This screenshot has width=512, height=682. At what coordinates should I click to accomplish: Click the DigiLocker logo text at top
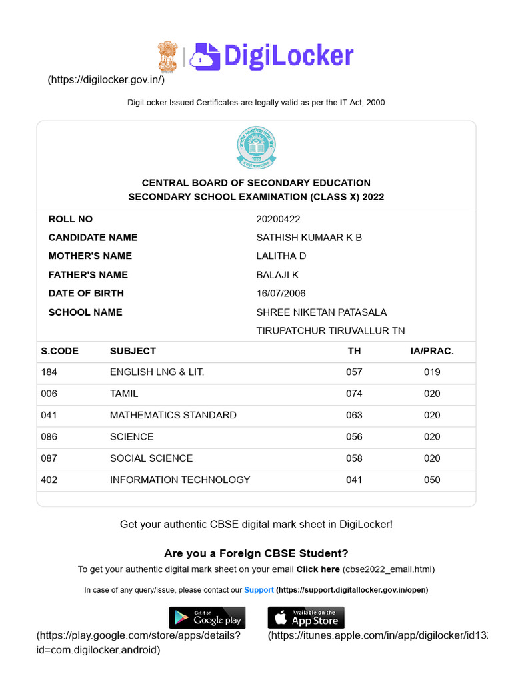[x=288, y=57]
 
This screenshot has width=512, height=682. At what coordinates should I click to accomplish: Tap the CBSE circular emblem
[x=256, y=148]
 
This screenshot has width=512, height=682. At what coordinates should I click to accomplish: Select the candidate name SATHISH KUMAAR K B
[x=309, y=238]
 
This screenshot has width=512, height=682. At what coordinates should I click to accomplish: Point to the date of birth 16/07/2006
[x=281, y=293]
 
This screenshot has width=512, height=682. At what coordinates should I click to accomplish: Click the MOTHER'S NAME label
[x=90, y=256]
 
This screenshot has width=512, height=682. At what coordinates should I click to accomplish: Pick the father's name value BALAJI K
[x=277, y=275]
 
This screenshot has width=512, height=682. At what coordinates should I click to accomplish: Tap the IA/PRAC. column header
[x=432, y=351]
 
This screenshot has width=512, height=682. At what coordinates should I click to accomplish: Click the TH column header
[x=354, y=351]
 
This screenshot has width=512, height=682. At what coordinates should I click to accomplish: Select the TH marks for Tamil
[x=354, y=394]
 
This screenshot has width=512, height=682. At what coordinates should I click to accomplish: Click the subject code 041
[x=49, y=415]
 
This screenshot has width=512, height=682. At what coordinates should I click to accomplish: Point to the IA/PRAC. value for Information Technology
[x=432, y=480]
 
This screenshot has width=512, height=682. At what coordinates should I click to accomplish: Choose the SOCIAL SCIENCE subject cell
[x=151, y=458]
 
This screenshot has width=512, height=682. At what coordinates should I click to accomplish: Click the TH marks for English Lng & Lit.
[x=354, y=372]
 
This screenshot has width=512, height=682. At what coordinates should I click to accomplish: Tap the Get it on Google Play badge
[x=207, y=617]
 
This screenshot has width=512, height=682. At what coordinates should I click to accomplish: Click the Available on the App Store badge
[x=306, y=617]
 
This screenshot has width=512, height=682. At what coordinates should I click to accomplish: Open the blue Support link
[x=259, y=590]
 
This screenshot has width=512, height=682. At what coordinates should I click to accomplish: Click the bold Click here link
[x=318, y=569]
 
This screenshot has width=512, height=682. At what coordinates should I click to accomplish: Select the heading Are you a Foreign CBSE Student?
[x=256, y=553]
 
